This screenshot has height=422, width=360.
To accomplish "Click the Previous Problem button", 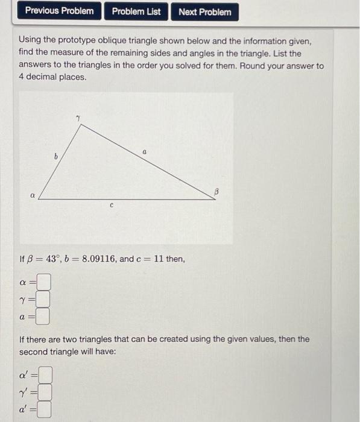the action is point(59,11).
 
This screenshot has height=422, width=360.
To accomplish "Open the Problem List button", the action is point(136,11).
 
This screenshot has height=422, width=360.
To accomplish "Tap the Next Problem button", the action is point(205,11).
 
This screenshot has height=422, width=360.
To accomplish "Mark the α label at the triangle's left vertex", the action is point(33,195).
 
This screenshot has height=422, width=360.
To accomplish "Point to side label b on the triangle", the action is point(56,156).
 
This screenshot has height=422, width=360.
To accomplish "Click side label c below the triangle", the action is point(112,205).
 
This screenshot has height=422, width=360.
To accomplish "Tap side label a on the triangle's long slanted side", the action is point(145,155).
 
